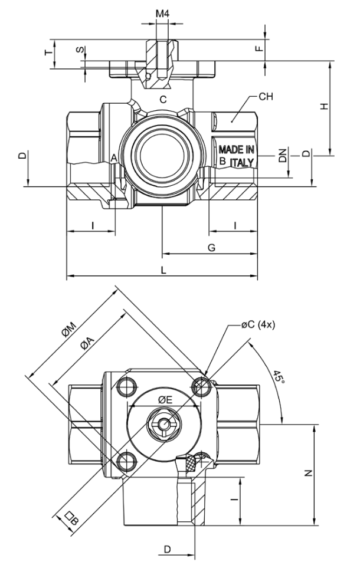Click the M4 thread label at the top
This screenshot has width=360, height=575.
(162, 14)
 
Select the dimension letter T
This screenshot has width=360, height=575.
(48, 53)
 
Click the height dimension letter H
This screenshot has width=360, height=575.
(324, 106)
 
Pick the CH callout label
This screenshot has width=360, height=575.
(266, 97)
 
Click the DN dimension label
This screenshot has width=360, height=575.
(282, 156)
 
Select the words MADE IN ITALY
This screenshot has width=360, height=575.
(236, 156)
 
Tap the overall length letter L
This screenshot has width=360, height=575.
(163, 270)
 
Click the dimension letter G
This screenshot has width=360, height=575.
(212, 248)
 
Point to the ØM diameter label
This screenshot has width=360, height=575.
(68, 329)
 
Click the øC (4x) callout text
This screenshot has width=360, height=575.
(258, 324)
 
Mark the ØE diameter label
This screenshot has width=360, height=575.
(165, 400)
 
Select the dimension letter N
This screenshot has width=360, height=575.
(308, 473)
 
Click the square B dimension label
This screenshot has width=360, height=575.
(71, 519)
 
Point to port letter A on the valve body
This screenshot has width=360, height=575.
(114, 158)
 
